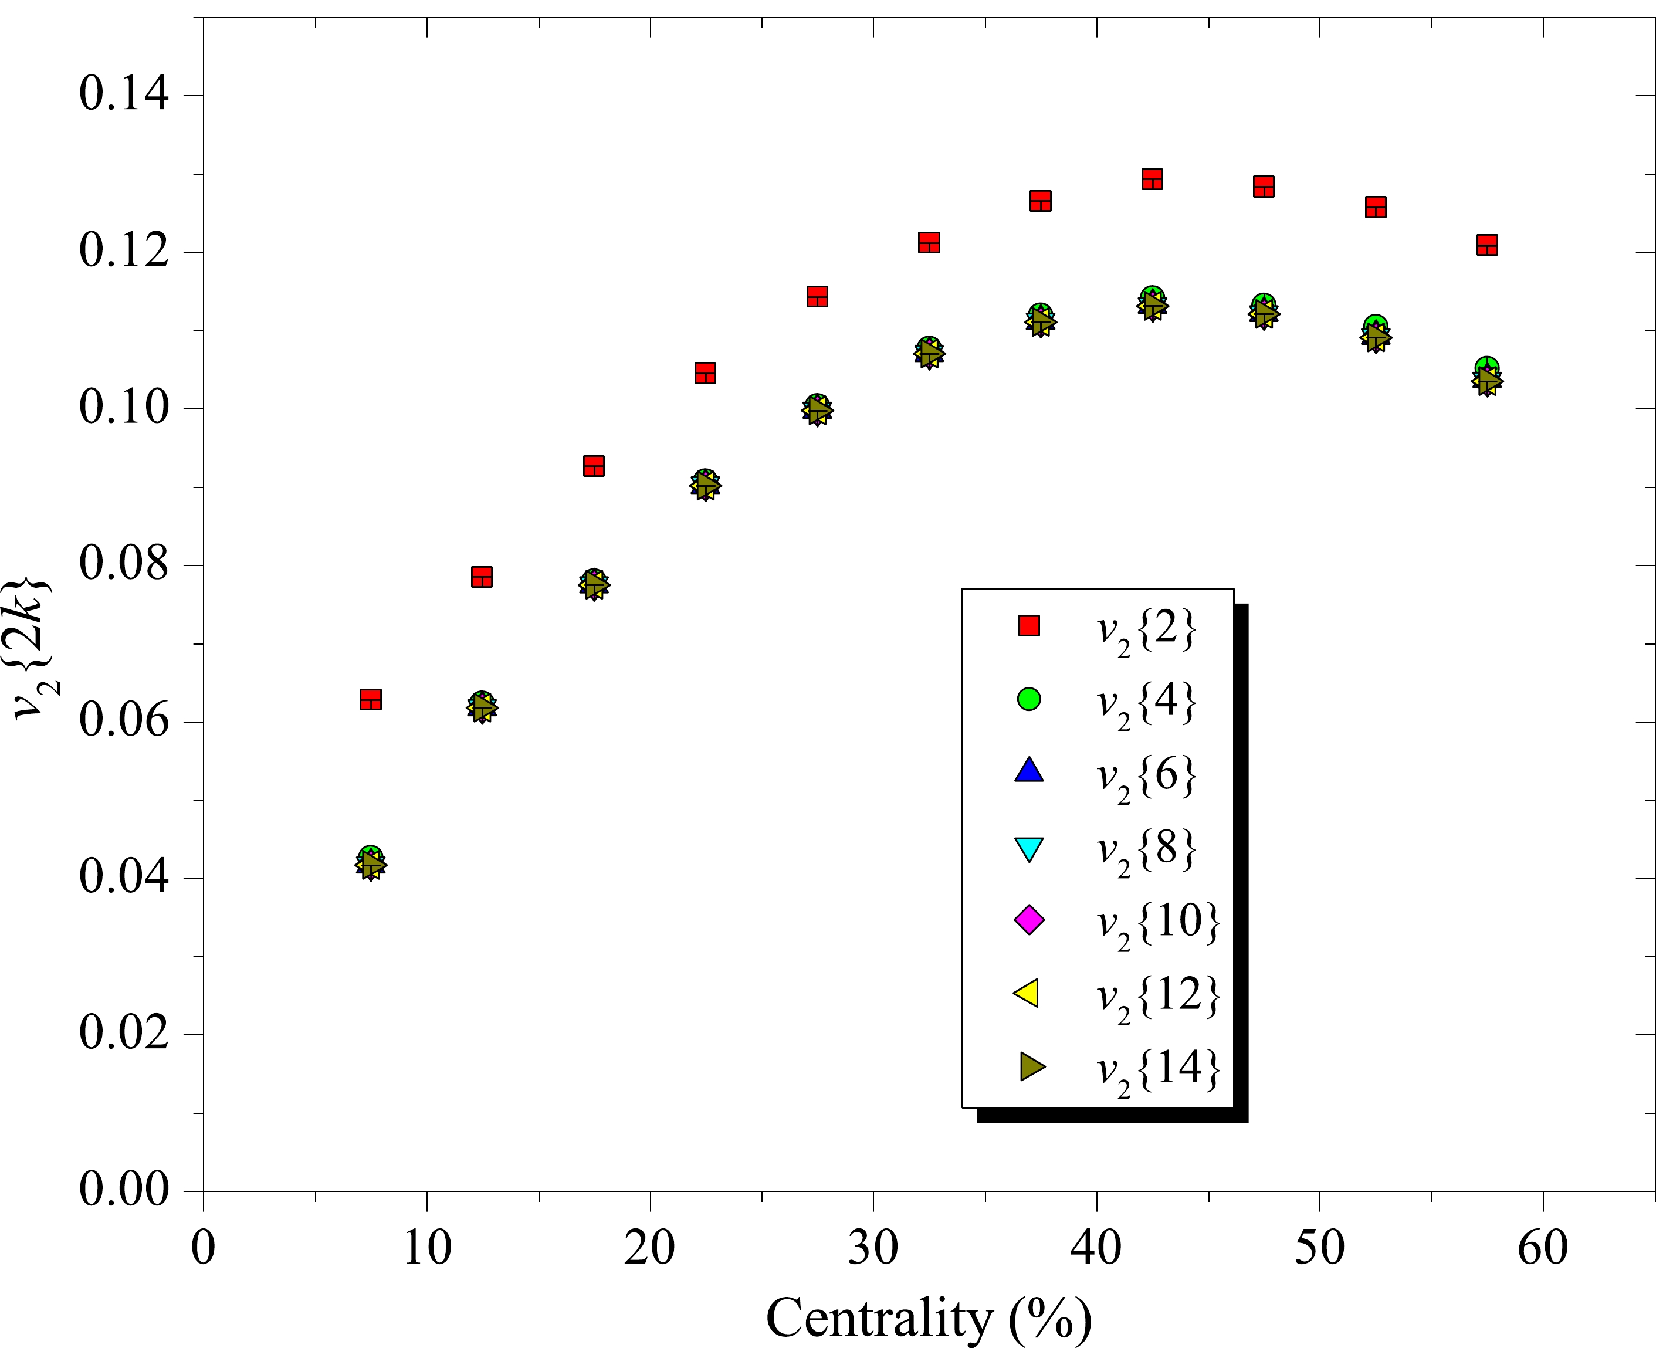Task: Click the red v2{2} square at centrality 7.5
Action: pos(370,699)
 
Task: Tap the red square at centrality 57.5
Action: pos(1486,245)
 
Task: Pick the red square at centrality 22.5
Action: pos(705,372)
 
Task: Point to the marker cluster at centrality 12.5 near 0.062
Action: pos(482,707)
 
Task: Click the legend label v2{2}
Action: pos(1146,628)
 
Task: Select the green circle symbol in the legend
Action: pos(1029,699)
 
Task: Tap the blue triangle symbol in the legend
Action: pos(1029,770)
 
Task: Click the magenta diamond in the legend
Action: pos(1029,920)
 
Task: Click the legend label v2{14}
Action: pos(1157,1069)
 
